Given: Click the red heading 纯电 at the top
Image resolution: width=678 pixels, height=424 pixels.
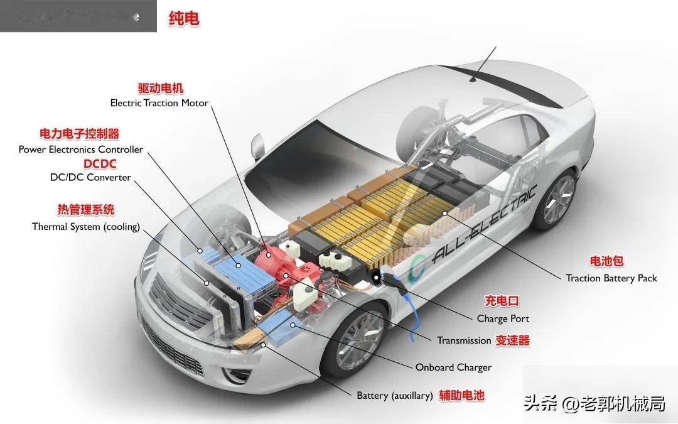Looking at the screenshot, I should point(184,19).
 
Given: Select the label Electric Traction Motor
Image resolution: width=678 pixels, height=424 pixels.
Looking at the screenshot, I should point(159,103).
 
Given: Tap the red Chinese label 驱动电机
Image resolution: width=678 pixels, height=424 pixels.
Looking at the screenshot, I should point(161,89).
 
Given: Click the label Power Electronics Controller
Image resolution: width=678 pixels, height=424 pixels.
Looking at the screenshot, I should point(80,149).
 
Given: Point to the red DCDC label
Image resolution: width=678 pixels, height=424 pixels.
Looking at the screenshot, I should point(100,164).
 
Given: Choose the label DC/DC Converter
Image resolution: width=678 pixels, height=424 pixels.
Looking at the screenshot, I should point(90,177).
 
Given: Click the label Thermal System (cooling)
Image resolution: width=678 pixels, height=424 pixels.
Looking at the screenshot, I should point(86,227).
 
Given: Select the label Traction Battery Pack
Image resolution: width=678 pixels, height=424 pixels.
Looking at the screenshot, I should point(611,278).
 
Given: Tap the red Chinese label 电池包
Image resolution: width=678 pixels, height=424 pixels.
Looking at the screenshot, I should point(606,261).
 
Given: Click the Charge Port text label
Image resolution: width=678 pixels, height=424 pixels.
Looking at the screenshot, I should point(503,318).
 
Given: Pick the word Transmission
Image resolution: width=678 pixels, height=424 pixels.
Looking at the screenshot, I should point(464,340).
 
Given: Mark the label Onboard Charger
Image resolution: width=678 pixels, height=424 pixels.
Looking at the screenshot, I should point(453,367).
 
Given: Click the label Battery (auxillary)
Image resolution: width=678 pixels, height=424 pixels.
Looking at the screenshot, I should point(395,396).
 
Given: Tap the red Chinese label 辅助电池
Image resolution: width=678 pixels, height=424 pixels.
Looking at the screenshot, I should point(461,395).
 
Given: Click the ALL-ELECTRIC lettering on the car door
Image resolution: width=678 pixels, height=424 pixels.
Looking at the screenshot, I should point(483,223).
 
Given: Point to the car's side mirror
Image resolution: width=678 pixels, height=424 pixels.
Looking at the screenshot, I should point(258,146).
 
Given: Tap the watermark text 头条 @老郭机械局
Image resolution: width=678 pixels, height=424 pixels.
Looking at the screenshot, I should point(594,403).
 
